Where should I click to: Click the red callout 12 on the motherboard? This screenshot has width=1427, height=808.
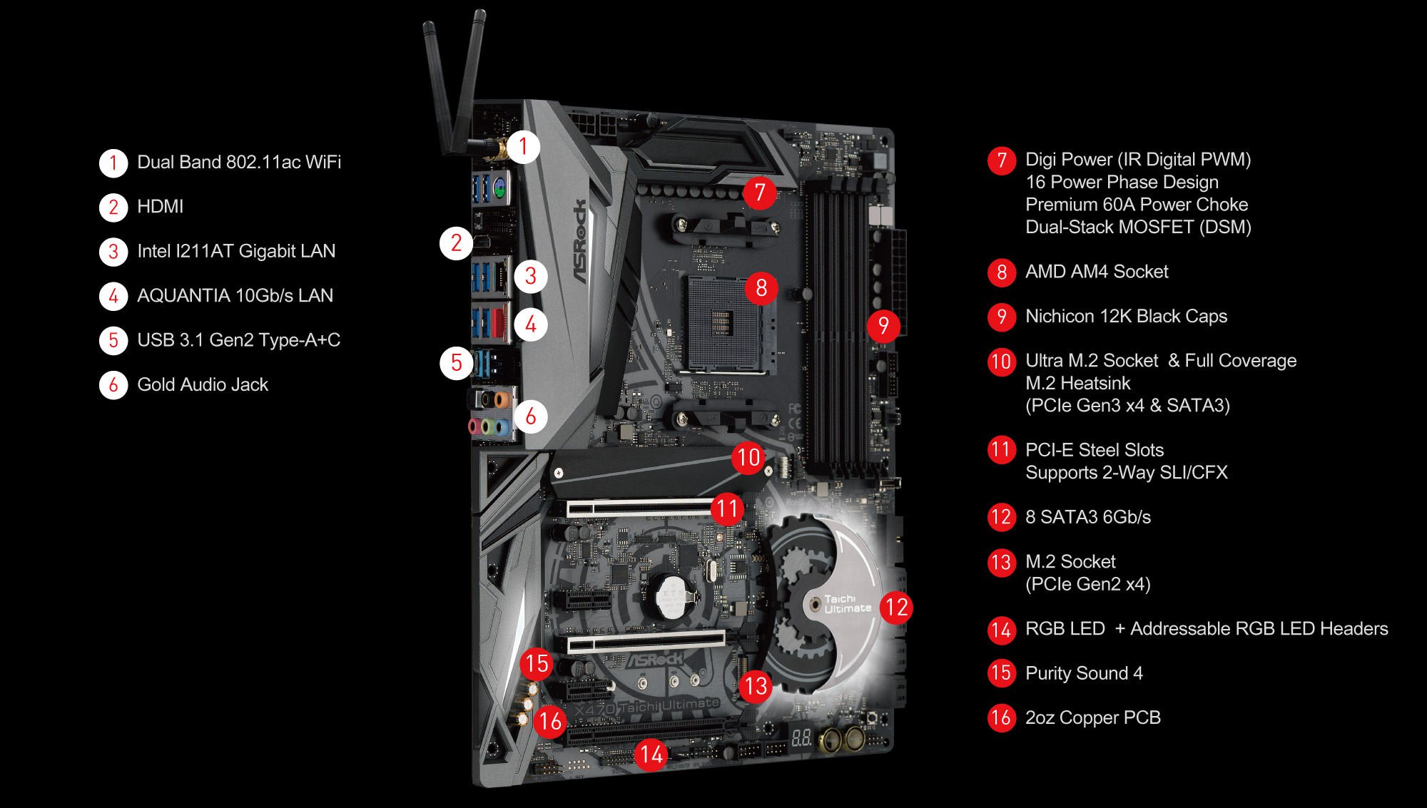click(x=896, y=608)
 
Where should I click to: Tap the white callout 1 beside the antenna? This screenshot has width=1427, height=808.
click(x=524, y=147)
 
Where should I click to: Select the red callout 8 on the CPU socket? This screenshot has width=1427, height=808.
click(x=761, y=287)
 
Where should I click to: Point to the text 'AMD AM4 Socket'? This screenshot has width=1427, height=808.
click(x=1097, y=272)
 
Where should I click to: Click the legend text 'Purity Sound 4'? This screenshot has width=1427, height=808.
click(x=1084, y=673)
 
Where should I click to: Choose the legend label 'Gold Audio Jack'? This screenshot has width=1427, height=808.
click(x=203, y=385)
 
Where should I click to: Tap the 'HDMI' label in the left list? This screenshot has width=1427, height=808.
click(x=161, y=207)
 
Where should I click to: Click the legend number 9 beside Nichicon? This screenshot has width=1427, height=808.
click(x=1002, y=317)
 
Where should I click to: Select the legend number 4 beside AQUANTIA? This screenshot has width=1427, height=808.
click(x=113, y=296)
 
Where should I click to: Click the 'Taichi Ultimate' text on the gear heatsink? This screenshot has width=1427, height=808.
click(x=848, y=603)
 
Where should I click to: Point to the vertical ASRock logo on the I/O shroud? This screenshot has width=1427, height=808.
click(x=581, y=242)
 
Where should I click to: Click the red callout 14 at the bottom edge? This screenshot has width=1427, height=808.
click(x=651, y=755)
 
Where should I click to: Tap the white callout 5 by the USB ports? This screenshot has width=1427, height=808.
click(x=457, y=363)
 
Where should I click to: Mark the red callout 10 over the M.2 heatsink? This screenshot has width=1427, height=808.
click(x=748, y=457)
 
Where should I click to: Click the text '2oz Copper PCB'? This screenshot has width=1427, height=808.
click(x=1093, y=717)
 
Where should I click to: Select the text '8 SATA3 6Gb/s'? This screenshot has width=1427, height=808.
click(x=1088, y=517)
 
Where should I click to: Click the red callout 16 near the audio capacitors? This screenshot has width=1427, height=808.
click(x=550, y=721)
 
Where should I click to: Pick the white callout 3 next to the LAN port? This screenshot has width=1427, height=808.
click(x=531, y=276)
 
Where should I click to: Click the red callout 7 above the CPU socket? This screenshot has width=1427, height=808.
click(x=759, y=192)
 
